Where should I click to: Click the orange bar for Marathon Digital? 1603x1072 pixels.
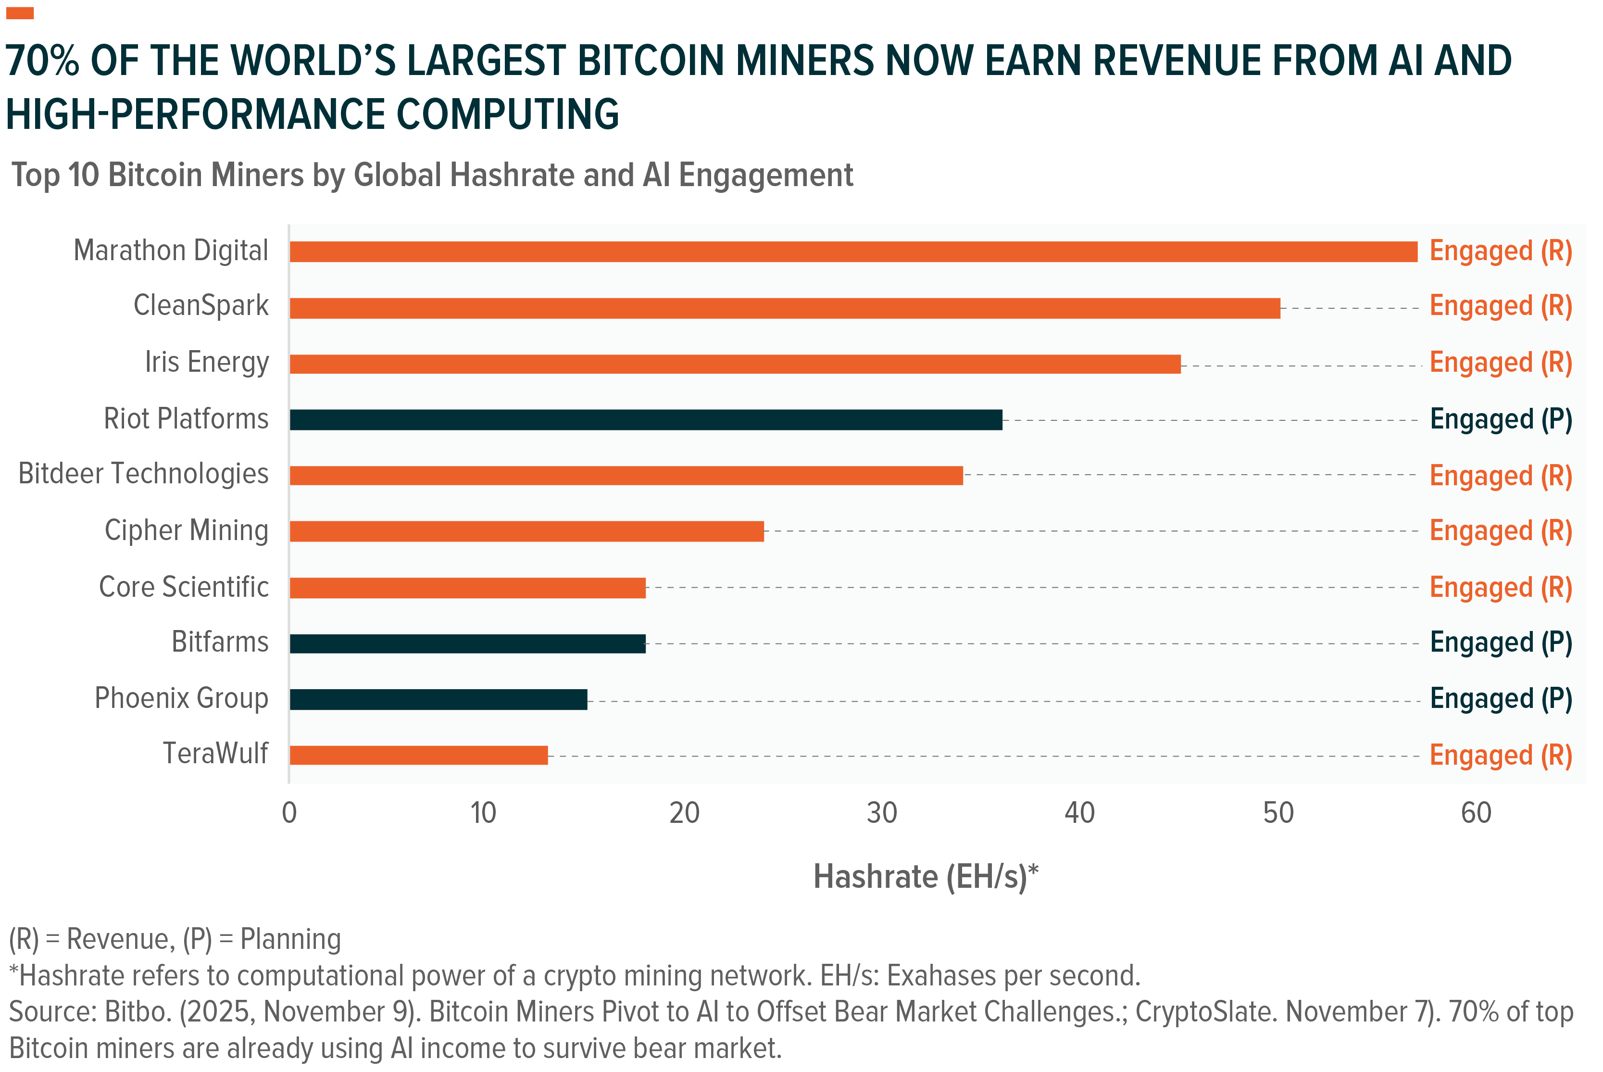pyautogui.click(x=853, y=252)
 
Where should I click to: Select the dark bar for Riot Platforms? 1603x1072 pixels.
pyautogui.click(x=646, y=420)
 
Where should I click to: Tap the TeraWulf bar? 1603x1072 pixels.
pyautogui.click(x=418, y=756)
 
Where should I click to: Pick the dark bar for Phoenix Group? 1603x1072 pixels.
pyautogui.click(x=438, y=699)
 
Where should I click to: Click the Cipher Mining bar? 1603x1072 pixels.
pyautogui.click(x=526, y=531)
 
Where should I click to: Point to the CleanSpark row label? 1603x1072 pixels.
pyautogui.click(x=201, y=305)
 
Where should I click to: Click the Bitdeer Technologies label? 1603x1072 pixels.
pyautogui.click(x=143, y=474)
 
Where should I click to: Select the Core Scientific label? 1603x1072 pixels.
pyautogui.click(x=184, y=587)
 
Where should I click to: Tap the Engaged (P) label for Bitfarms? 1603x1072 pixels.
pyautogui.click(x=1501, y=643)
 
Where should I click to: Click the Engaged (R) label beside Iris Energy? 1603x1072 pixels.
pyautogui.click(x=1501, y=363)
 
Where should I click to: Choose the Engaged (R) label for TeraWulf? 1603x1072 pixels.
pyautogui.click(x=1501, y=756)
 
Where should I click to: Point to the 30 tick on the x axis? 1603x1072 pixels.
pyautogui.click(x=881, y=813)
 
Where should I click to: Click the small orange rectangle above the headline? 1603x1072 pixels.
pyautogui.click(x=20, y=13)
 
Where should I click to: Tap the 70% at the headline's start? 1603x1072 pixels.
pyautogui.click(x=42, y=61)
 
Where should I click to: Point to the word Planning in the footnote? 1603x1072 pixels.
pyautogui.click(x=290, y=939)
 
